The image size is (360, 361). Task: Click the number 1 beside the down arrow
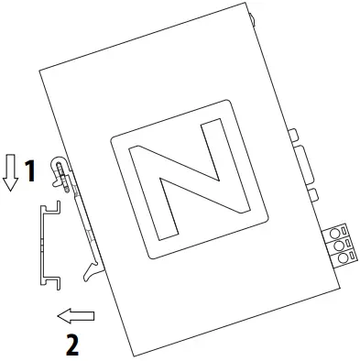29,171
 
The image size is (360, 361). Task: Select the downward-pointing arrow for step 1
11,171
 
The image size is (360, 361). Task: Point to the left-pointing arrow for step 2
76,316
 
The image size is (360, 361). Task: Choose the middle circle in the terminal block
340,245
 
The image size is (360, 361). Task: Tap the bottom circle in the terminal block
343,259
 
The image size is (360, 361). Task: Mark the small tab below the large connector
311,195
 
